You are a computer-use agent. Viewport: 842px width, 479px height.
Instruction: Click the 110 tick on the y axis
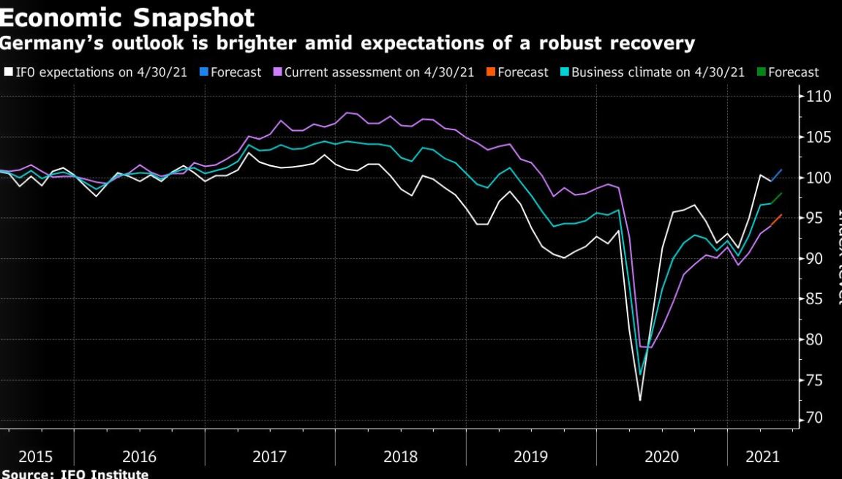point(819,97)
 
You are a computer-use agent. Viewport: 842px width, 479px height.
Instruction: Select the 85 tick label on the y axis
point(816,299)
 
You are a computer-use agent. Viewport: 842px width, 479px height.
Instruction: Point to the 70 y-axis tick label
point(816,419)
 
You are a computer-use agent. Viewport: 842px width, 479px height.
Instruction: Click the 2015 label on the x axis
point(35,457)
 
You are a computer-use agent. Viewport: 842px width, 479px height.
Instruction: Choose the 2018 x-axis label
point(400,457)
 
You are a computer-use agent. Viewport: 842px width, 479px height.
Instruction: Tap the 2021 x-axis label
point(762,457)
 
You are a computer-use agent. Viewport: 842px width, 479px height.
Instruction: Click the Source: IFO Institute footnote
point(75,474)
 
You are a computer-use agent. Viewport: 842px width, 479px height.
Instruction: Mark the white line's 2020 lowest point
point(640,400)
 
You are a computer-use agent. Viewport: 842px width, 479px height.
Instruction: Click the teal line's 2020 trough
point(640,374)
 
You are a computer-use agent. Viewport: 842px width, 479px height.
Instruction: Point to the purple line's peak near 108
point(347,113)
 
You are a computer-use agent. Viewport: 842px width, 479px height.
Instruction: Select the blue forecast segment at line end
point(777,175)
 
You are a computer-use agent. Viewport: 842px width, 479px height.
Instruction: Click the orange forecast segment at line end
point(777,219)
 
